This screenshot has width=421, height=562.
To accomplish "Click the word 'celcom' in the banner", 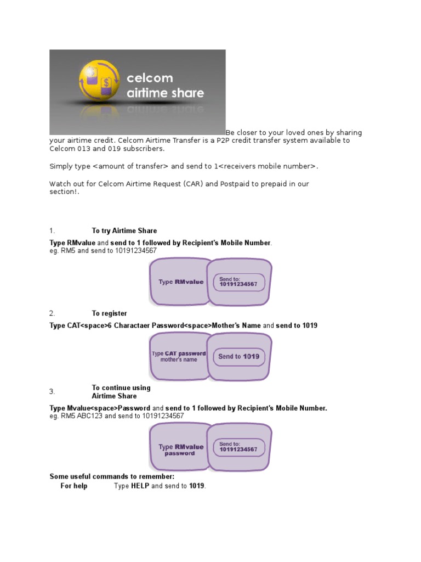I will click(x=150, y=78).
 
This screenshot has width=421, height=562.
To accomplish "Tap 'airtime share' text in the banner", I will click(x=165, y=93).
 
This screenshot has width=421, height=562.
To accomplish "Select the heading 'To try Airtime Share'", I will click(x=124, y=231).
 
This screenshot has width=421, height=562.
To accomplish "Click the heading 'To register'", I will click(x=109, y=313).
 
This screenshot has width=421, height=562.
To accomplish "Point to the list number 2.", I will click(x=52, y=313).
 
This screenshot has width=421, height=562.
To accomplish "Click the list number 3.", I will click(x=52, y=392).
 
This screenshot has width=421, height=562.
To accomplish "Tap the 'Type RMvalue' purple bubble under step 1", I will click(x=180, y=282).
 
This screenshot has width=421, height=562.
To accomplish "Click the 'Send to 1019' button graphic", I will click(x=238, y=356).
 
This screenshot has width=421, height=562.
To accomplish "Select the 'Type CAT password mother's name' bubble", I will click(x=179, y=357).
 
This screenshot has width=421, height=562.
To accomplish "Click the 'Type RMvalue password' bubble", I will click(x=180, y=450).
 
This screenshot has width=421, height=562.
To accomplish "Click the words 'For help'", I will click(x=73, y=486).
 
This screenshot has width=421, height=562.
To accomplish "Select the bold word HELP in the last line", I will click(x=140, y=486).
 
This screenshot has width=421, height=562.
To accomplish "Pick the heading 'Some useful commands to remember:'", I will click(x=112, y=476).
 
